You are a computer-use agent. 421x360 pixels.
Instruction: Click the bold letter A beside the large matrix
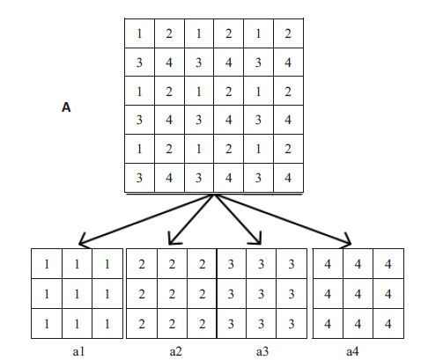click(66, 107)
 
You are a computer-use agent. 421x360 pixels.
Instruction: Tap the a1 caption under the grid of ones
click(78, 351)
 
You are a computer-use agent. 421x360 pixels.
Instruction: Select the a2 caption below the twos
click(176, 351)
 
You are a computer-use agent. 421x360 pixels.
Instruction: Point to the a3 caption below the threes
click(262, 351)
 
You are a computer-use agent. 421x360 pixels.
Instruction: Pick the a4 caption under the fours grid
click(352, 351)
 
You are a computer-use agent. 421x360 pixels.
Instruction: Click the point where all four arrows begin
click(214, 195)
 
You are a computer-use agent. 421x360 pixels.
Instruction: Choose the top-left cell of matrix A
click(139, 33)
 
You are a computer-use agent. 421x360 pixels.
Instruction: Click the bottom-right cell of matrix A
click(288, 178)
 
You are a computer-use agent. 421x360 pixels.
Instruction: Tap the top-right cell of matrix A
click(288, 33)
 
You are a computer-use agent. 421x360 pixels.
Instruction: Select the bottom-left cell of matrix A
click(139, 178)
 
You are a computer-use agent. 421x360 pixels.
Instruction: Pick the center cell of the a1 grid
click(77, 293)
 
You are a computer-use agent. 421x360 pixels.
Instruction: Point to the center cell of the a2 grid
click(172, 293)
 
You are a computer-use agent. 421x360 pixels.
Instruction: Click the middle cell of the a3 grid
click(261, 293)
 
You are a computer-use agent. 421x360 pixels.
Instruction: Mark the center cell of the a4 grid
click(358, 293)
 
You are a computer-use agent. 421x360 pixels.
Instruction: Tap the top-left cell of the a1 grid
click(47, 264)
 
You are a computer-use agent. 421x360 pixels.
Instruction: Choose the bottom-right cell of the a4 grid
click(388, 323)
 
